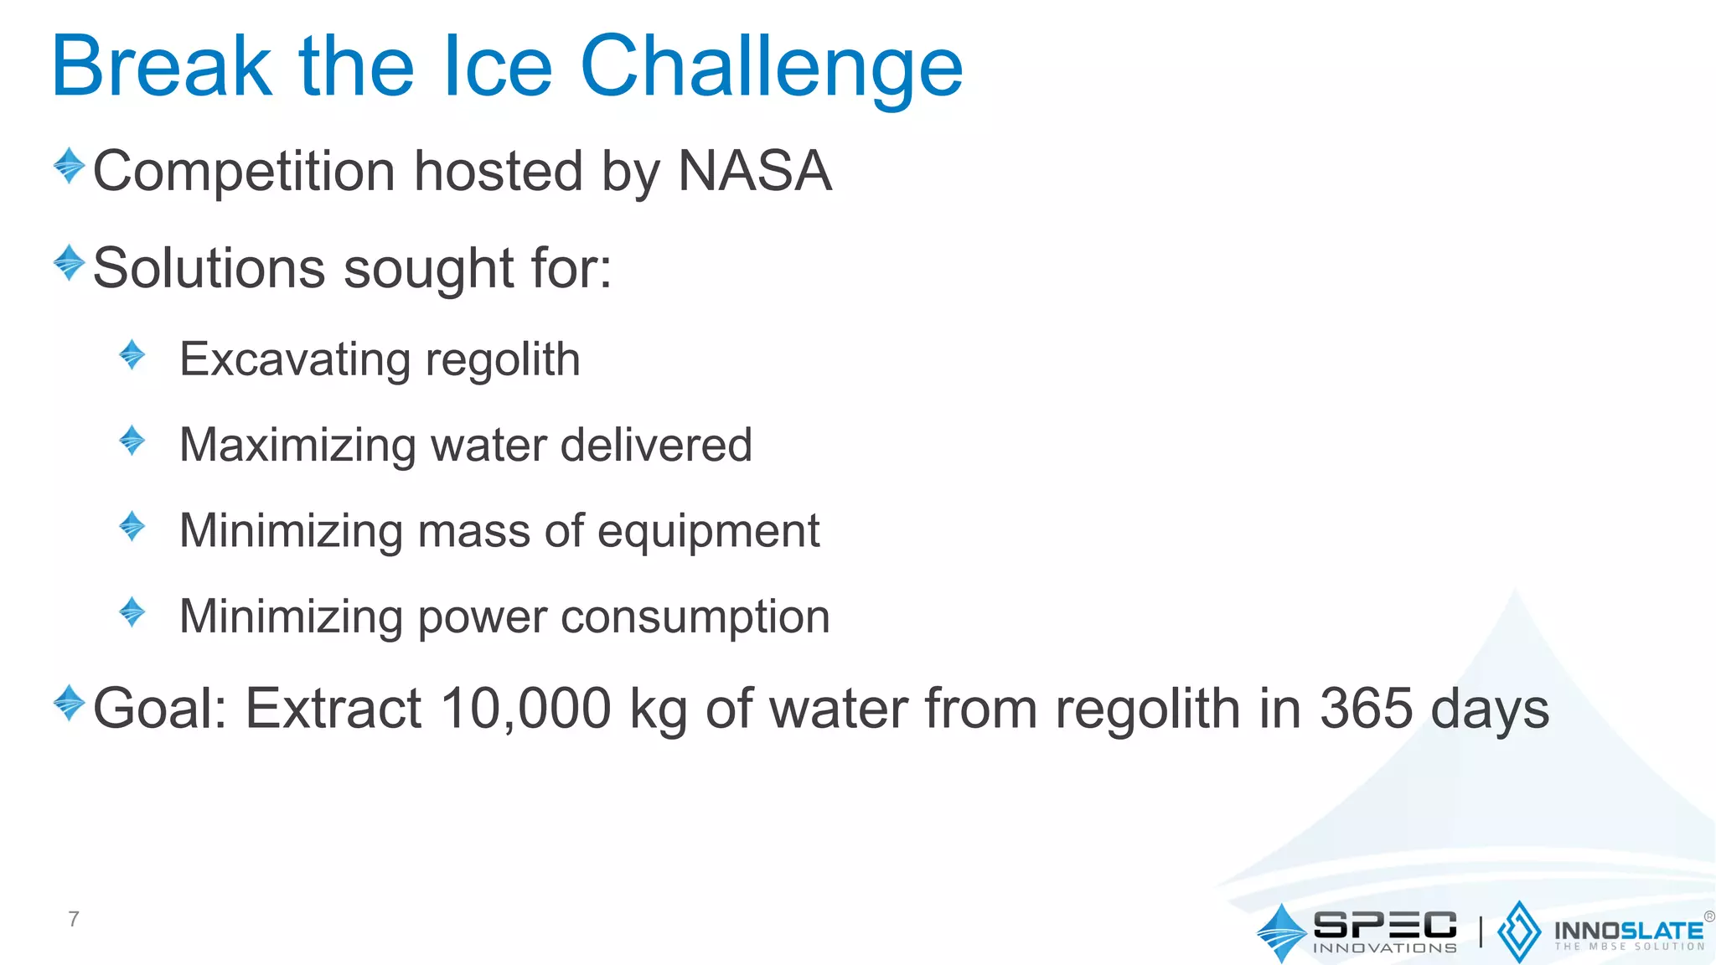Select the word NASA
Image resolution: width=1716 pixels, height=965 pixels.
click(754, 171)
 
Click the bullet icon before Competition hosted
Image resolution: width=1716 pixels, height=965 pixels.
click(69, 166)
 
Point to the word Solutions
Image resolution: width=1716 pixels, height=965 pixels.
click(209, 269)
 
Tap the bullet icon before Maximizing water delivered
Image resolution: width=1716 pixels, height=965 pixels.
click(132, 441)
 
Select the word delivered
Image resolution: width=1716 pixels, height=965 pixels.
click(656, 445)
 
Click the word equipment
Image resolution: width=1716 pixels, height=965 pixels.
click(708, 532)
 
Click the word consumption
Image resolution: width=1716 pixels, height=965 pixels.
click(695, 617)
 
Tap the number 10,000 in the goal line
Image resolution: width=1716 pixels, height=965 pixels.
click(526, 709)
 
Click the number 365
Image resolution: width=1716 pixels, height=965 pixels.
click(1367, 709)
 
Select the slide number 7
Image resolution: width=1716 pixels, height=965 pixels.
click(74, 919)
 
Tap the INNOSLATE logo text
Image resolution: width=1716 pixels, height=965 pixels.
click(1628, 931)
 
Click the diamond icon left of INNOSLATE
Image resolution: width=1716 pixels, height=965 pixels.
click(1518, 931)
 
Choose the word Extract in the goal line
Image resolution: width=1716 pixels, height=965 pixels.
click(333, 709)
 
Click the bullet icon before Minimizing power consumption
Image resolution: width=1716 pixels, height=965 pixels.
click(132, 612)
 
